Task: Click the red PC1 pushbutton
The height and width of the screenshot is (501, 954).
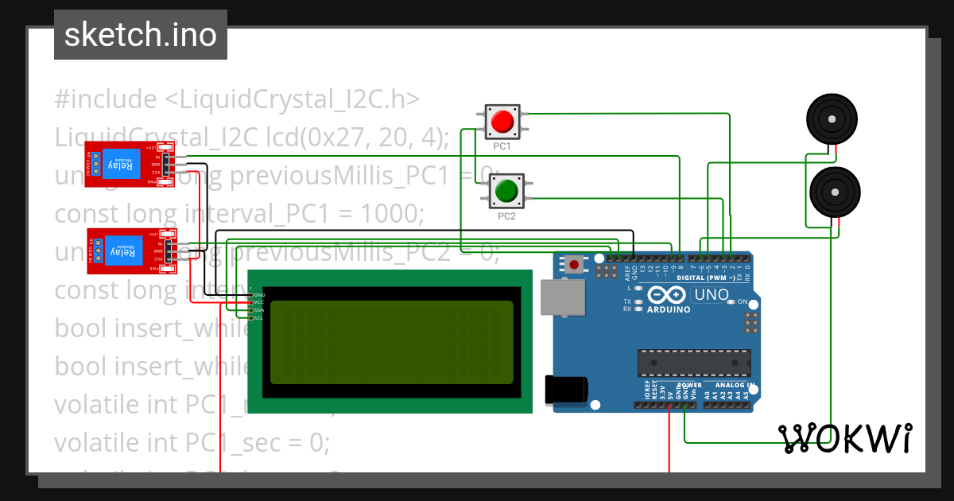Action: pyautogui.click(x=502, y=122)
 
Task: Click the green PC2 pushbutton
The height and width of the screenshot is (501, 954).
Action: pyautogui.click(x=506, y=191)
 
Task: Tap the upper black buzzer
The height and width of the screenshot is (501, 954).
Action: pyautogui.click(x=832, y=120)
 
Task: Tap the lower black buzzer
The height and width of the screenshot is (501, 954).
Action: pyautogui.click(x=834, y=192)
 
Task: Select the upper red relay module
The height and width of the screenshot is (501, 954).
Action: pyautogui.click(x=127, y=165)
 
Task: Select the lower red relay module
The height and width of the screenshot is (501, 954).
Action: pyautogui.click(x=127, y=251)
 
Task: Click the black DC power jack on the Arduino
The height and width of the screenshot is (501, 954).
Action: pyautogui.click(x=565, y=390)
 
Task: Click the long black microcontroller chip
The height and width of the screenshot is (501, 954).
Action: pyautogui.click(x=693, y=363)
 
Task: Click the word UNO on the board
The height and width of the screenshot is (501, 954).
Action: pyautogui.click(x=712, y=295)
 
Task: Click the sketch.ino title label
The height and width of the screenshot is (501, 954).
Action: pyautogui.click(x=141, y=35)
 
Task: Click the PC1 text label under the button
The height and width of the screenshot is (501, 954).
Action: pyautogui.click(x=502, y=147)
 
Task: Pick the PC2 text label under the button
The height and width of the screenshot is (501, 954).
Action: pyautogui.click(x=506, y=216)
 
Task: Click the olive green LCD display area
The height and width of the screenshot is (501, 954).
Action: pyautogui.click(x=391, y=342)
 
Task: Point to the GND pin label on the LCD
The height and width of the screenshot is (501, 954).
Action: pyautogui.click(x=259, y=295)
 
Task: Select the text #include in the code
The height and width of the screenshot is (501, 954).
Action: pyautogui.click(x=106, y=100)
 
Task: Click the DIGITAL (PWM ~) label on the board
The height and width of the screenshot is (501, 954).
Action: pyautogui.click(x=708, y=278)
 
